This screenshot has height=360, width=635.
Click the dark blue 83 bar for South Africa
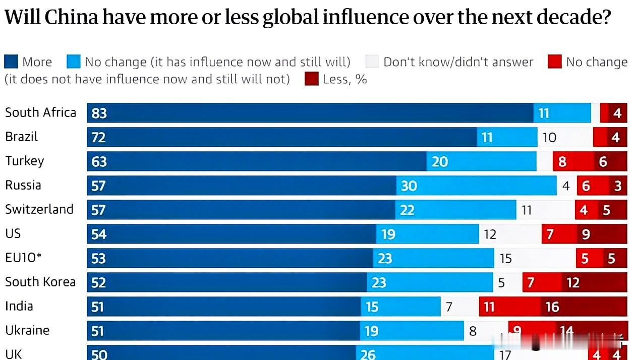point(310,113)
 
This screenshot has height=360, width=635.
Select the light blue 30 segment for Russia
point(476,186)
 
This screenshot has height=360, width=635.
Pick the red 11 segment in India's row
point(509,307)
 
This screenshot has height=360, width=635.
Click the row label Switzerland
point(39,209)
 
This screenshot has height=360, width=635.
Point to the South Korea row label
point(40,282)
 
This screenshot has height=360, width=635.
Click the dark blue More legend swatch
point(11,62)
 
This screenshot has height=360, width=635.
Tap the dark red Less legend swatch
point(312,79)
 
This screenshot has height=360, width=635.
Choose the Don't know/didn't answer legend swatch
point(372,62)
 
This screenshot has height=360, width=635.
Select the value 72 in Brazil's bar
point(99,137)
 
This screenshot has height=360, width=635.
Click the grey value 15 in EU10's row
point(505,258)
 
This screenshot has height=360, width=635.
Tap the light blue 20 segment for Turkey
point(481,161)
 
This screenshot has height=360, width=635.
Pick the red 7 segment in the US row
point(559,234)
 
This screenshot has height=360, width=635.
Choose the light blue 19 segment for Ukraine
point(412,331)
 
